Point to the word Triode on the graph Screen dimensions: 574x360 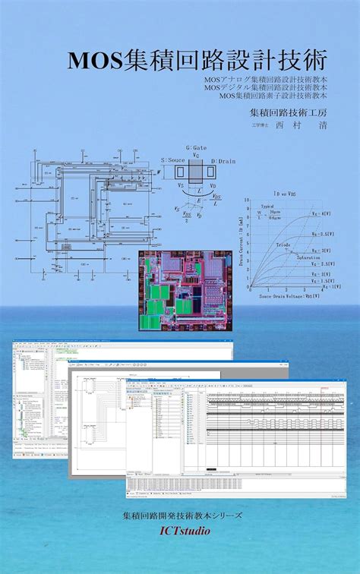tap(282, 245)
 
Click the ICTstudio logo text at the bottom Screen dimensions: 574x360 tap(180, 531)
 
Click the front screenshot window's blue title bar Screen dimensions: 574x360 tap(235, 383)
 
